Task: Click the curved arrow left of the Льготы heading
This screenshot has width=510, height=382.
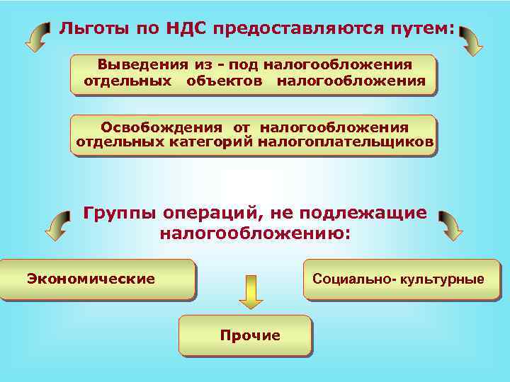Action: click(37, 37)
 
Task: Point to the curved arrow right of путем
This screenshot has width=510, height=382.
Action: click(470, 41)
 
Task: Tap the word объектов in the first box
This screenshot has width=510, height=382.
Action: click(225, 81)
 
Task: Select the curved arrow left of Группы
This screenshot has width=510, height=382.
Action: click(57, 225)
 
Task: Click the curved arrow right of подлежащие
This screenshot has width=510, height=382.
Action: click(449, 225)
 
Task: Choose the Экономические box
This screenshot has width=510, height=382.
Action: click(97, 279)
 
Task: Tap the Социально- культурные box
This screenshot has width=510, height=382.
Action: click(401, 279)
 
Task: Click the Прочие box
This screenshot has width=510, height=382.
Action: click(245, 335)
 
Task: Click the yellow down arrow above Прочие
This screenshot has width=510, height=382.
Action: click(251, 291)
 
